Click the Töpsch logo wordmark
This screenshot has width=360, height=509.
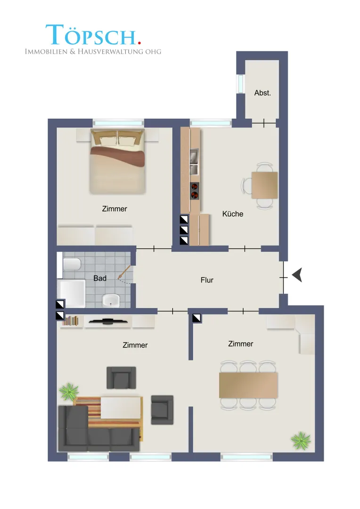(93, 35)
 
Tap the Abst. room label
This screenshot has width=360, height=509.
(262, 93)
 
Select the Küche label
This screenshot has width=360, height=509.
(233, 214)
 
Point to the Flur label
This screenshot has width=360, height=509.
(207, 280)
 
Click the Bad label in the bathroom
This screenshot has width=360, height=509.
(99, 278)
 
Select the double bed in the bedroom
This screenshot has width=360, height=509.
(117, 161)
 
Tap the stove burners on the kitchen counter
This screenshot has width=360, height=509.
(195, 190)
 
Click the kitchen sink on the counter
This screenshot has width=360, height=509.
(194, 161)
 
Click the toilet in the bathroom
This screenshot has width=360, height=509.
(72, 264)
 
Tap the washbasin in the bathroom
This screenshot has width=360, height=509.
(111, 300)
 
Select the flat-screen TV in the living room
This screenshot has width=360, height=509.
(108, 321)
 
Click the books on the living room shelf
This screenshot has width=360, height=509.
(70, 321)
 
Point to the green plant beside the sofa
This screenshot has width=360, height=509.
(69, 392)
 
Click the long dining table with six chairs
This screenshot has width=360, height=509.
(248, 385)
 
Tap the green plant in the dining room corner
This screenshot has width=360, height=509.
(301, 441)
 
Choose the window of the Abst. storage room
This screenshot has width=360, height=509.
(240, 84)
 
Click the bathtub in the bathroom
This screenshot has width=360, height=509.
(72, 294)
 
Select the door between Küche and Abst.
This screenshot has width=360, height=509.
(264, 123)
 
